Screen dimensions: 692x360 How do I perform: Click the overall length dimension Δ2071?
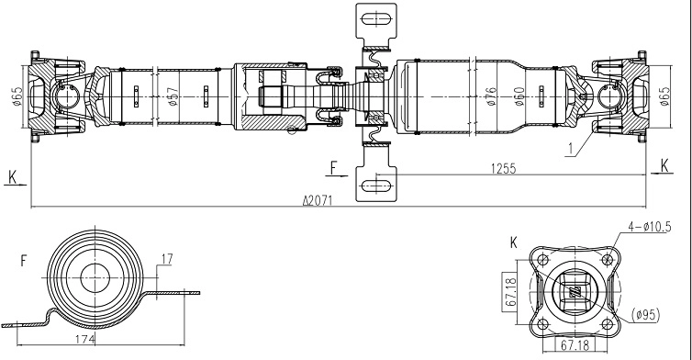318,201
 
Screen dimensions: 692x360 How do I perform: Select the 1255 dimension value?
503,169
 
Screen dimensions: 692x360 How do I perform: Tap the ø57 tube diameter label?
173,96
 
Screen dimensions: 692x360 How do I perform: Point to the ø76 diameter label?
491,96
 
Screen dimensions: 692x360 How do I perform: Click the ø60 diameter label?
519,96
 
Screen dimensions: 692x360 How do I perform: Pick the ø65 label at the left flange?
17,96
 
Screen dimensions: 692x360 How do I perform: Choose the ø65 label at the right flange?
664,96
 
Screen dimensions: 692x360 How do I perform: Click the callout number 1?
571,150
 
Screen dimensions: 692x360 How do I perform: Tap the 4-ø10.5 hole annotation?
650,227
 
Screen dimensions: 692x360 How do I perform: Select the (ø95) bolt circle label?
646,315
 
